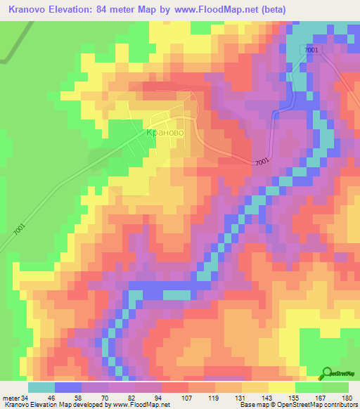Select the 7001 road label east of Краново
262,162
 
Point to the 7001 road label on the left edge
17,233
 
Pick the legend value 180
347,398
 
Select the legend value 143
248,398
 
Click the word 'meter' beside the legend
10,398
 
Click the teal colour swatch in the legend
41,387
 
